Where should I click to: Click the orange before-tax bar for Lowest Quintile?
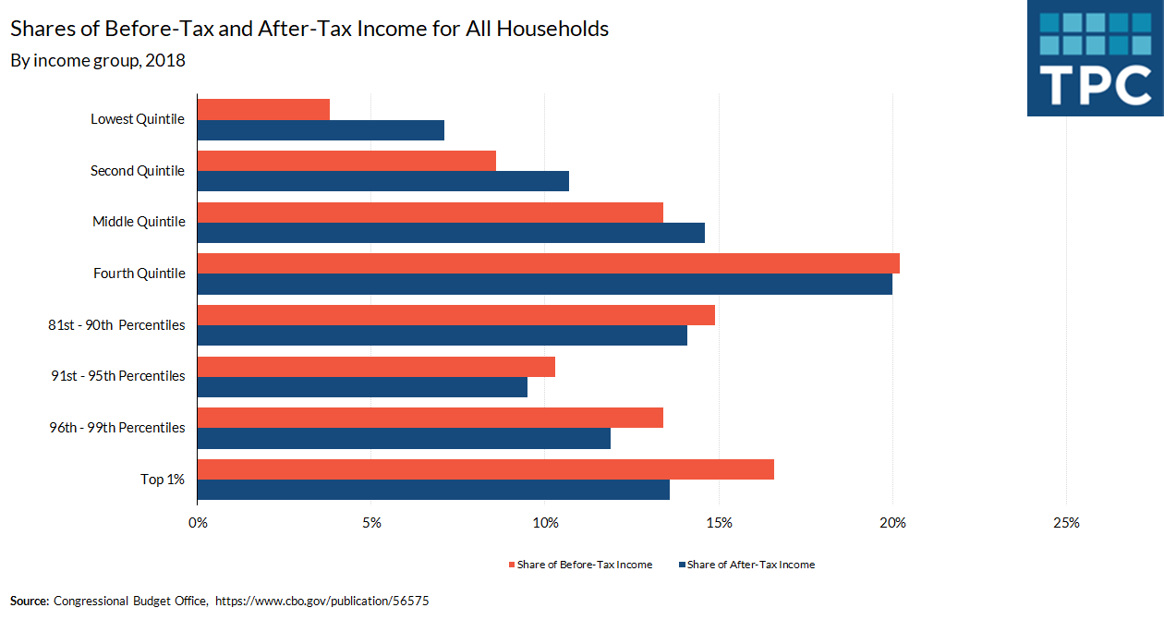pos(263,109)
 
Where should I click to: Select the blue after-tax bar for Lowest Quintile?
pos(321,129)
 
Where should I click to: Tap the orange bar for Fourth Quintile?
pos(548,263)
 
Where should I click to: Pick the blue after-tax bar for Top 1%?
pos(433,490)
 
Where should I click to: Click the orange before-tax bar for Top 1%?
pos(485,469)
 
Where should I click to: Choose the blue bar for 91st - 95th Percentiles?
pos(362,387)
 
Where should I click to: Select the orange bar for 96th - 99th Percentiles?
pos(430,418)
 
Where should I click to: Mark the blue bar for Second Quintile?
pos(382,181)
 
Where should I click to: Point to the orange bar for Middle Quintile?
pos(430,213)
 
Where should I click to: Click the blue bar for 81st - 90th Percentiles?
pos(442,335)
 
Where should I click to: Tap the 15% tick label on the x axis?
pos(719,523)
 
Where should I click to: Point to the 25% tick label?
pos(1066,523)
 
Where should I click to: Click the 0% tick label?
pos(198,523)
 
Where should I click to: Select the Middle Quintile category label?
pos(139,222)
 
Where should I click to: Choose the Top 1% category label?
pos(163,479)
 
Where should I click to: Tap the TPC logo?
pos(1095,58)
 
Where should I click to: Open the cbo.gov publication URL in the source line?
pos(322,601)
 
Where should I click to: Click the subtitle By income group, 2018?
pos(98,61)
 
